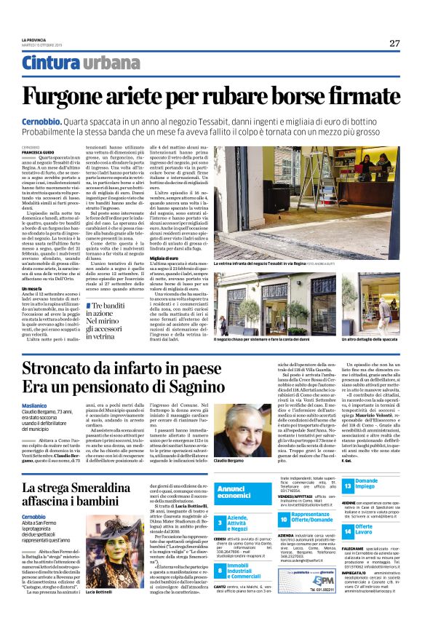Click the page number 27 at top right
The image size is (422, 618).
coord(394,43)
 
